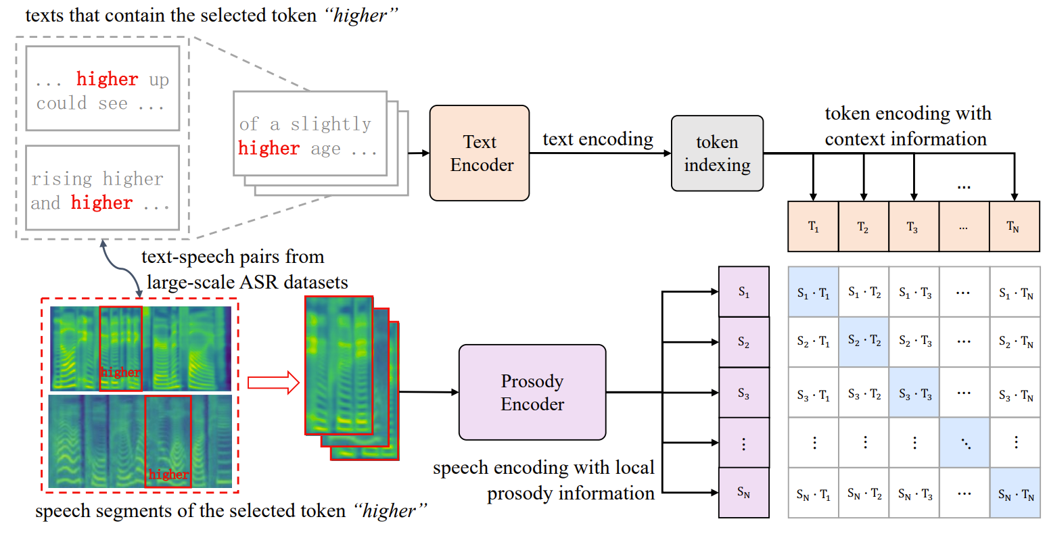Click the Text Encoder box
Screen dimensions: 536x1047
480,153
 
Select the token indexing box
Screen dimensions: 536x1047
717,153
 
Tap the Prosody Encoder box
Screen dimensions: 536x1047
532,393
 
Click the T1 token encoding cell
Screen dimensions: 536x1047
813,226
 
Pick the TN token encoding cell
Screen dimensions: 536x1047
1014,226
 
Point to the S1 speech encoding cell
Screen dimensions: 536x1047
743,292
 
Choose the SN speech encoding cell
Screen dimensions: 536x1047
743,493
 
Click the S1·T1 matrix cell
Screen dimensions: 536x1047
813,293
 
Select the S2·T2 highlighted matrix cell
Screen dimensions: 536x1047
864,342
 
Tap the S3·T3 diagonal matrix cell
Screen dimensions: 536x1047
914,393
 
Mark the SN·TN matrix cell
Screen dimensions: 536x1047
1015,493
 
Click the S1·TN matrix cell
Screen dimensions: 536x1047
1015,293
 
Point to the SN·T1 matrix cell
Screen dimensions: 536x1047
813,493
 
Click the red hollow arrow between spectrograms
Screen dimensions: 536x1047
273,383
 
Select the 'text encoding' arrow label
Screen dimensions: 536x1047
598,139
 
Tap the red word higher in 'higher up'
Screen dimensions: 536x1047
107,80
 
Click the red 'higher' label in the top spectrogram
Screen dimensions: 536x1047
120,372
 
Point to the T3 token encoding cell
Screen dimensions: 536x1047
914,226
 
